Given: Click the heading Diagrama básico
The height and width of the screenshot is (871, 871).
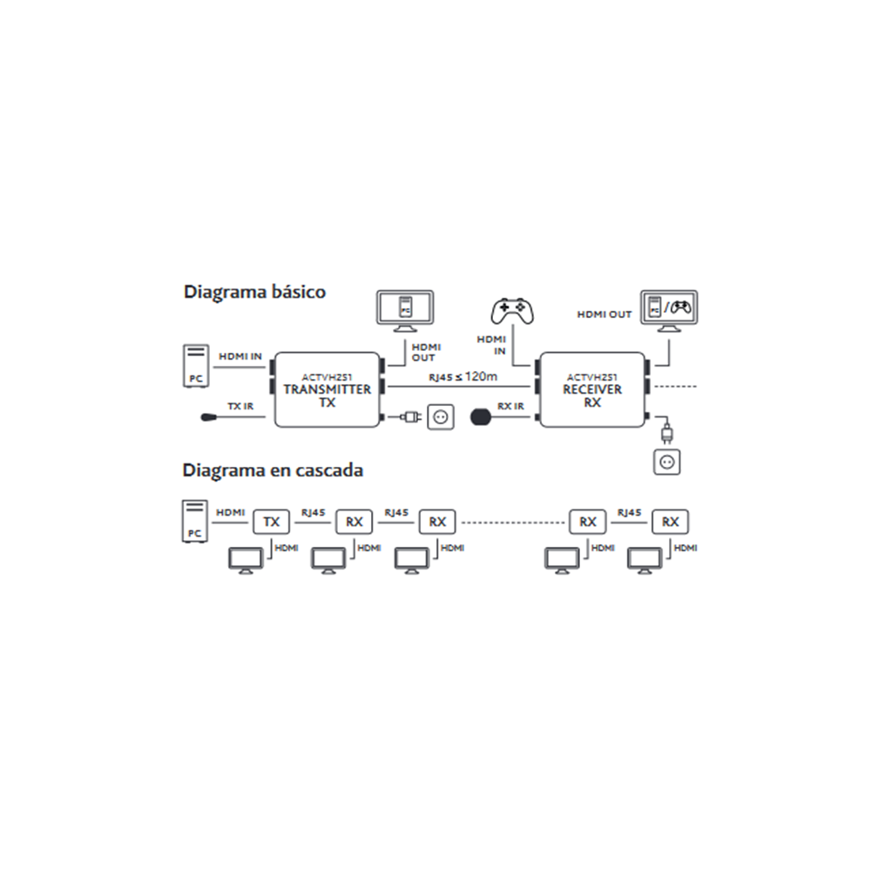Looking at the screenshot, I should click(254, 292).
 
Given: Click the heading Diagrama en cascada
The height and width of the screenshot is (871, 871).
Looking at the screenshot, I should click(273, 470).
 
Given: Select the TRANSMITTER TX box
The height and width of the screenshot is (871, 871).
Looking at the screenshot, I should click(327, 390).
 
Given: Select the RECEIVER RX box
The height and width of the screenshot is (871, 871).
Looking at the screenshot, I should click(592, 390).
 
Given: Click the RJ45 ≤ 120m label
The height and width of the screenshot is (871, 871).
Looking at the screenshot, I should click(463, 376).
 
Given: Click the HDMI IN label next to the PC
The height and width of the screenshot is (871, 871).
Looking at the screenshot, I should click(240, 356).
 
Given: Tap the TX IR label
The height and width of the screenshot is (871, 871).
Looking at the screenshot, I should click(240, 407).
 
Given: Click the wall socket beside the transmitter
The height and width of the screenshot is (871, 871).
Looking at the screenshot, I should click(442, 418).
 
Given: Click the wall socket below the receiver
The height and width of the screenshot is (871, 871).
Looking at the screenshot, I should click(667, 462).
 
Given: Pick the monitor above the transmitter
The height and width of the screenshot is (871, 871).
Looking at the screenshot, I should click(403, 311).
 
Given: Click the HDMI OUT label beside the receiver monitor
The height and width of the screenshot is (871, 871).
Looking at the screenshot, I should click(604, 314).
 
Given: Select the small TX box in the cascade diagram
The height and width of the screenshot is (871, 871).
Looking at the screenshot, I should click(272, 522).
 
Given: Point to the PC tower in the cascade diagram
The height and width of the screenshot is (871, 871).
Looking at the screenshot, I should click(194, 522).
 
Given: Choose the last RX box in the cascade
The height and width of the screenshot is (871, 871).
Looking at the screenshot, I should click(670, 522).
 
